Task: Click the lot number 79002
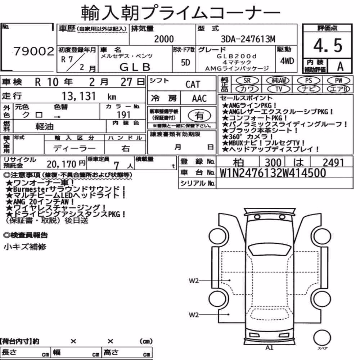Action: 34,51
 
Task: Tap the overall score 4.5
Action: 328,45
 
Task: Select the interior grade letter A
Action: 340,66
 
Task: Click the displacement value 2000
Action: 164,39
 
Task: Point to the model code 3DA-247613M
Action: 248,39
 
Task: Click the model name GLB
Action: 135,67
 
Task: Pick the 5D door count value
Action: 185,62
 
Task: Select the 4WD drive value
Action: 287,61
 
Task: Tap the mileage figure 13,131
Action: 79,96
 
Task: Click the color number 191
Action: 124,115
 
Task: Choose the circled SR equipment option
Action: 247,81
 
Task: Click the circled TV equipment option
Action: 279,89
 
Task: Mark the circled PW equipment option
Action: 339,81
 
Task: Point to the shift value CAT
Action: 193,85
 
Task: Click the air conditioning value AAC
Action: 199,99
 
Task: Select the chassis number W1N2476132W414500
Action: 273,173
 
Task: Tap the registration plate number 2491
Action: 333,163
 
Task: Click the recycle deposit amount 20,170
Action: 62,164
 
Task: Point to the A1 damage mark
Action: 269,348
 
